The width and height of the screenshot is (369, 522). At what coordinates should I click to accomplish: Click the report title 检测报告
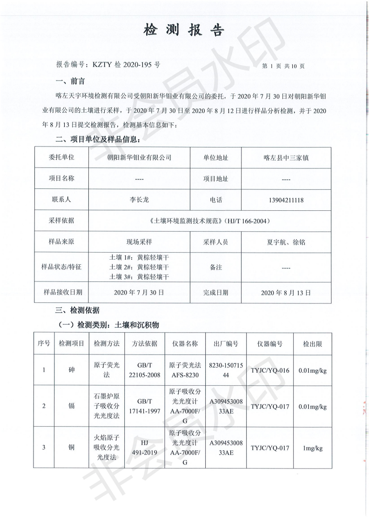point(184,30)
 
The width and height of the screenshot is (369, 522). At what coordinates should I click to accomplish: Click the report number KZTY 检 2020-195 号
point(108,65)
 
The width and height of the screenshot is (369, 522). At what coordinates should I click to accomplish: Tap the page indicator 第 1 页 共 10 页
point(283,66)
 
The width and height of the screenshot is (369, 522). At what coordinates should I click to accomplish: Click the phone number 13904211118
point(286,200)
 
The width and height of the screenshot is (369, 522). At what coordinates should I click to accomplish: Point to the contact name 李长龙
point(139,200)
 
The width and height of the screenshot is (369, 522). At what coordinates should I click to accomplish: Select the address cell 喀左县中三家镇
point(286,158)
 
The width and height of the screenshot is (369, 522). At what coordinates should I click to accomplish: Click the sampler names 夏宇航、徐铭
point(286,242)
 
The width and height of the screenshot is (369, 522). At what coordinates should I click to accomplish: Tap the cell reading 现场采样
point(139,242)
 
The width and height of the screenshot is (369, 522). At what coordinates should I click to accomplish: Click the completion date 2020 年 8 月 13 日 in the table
point(286,293)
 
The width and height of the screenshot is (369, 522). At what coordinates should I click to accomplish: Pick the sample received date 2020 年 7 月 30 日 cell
point(139,293)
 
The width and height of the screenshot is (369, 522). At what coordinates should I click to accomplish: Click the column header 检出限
point(313,344)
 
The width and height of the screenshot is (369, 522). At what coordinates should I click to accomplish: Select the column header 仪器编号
point(270,344)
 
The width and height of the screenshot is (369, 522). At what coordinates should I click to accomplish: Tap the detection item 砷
point(71,370)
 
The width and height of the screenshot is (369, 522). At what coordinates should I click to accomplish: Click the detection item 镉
point(71,406)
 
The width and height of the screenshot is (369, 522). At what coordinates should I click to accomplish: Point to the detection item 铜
point(71,448)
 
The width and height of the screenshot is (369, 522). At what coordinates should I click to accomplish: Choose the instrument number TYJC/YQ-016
point(270,370)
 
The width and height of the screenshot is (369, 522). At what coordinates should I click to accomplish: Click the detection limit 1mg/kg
point(313,448)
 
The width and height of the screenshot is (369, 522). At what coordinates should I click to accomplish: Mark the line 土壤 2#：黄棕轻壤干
point(139,267)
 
